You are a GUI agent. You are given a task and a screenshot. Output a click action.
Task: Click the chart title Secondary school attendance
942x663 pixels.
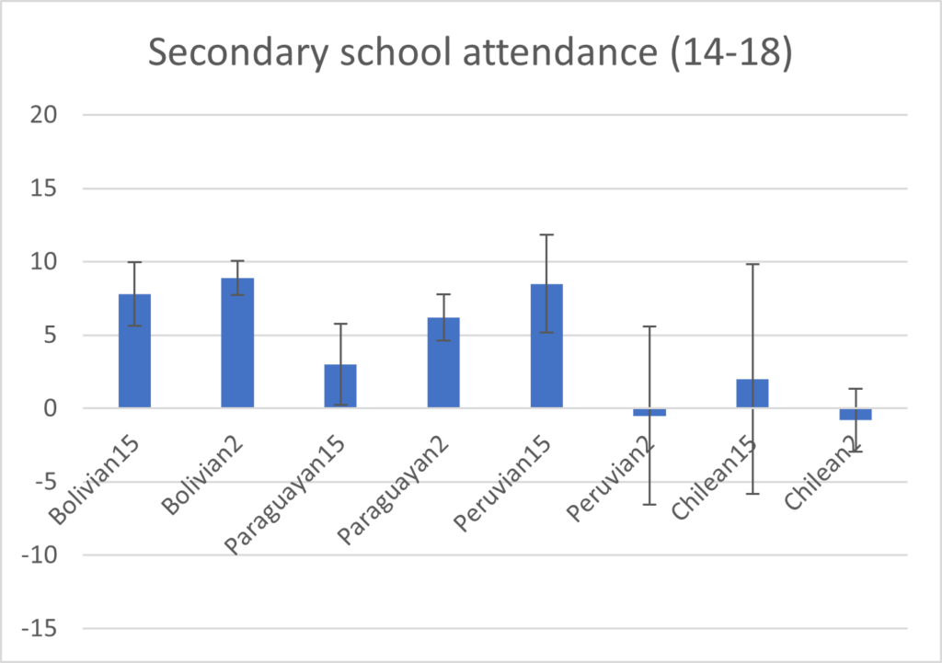tap(470, 54)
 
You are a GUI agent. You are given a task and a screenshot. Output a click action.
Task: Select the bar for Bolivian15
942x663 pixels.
tap(134, 350)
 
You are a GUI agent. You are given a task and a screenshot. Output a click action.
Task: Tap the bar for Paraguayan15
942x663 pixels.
tap(339, 386)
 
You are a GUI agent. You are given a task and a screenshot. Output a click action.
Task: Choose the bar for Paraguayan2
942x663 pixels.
tap(442, 362)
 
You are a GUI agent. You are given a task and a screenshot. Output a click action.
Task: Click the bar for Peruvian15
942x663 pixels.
tap(546, 346)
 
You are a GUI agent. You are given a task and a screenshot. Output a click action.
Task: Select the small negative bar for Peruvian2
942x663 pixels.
tap(649, 412)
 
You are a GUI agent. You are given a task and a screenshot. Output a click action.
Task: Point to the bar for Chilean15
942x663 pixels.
tap(752, 394)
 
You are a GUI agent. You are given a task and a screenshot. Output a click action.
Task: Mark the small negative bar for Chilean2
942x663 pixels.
tap(856, 414)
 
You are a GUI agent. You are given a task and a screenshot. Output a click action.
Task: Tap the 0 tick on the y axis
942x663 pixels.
tap(52, 408)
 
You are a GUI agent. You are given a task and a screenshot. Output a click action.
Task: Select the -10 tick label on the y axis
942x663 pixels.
tap(40, 555)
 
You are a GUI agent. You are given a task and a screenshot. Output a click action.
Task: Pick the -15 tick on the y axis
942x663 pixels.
tap(40, 629)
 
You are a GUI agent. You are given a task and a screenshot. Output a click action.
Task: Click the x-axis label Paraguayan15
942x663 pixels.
tap(286, 492)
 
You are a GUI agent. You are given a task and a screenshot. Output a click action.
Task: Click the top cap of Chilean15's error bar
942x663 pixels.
tap(752, 264)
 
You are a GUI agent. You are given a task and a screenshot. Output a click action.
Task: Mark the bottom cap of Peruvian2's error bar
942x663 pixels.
tap(649, 504)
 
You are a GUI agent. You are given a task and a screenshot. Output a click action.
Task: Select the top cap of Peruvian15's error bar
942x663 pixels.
tap(546, 234)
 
